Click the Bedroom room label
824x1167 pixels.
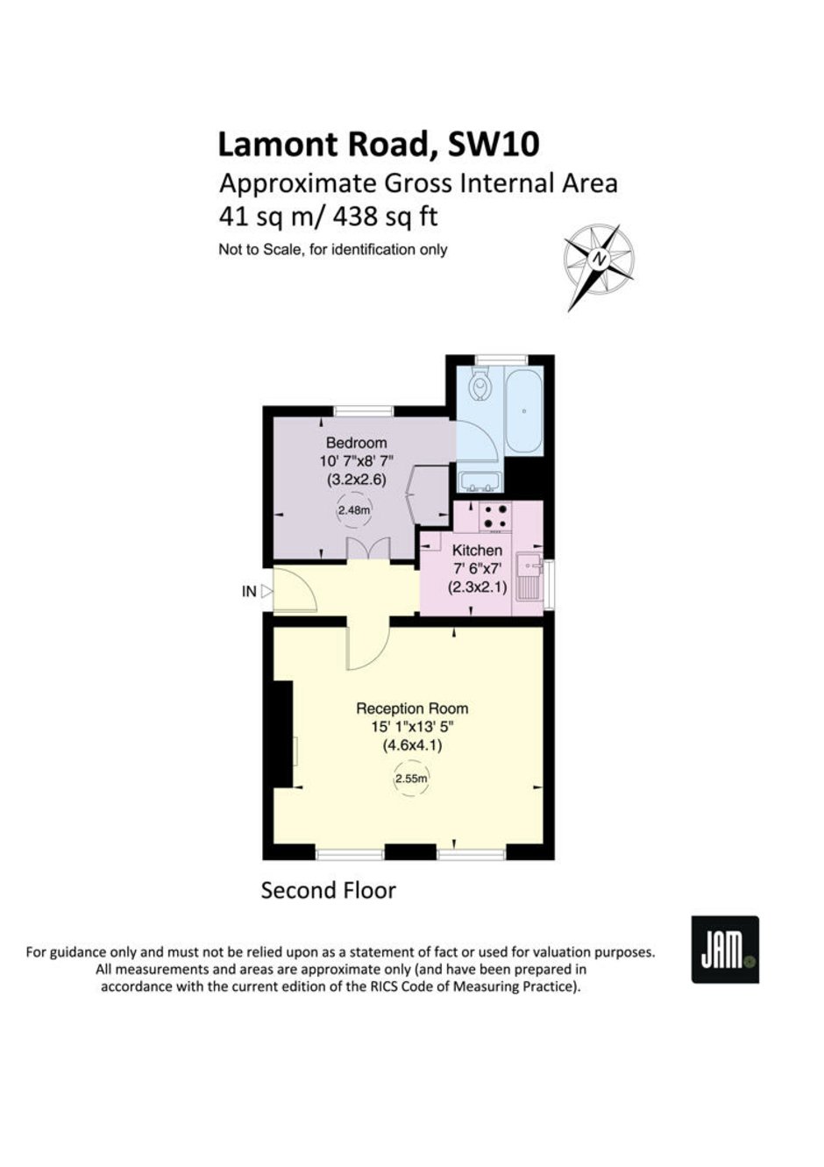point(356,443)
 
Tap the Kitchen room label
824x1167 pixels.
point(477,550)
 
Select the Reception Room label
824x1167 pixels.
point(412,708)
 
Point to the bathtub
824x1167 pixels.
point(524,411)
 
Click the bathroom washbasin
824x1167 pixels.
point(479,482)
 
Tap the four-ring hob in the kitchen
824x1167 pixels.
point(496,516)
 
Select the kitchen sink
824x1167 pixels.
point(529,576)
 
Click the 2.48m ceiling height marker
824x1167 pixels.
point(353,510)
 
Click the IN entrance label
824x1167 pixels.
point(249,591)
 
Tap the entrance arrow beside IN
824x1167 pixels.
point(266,591)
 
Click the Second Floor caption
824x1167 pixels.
point(328,890)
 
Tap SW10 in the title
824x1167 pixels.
point(494,145)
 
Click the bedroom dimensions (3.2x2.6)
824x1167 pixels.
point(356,480)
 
